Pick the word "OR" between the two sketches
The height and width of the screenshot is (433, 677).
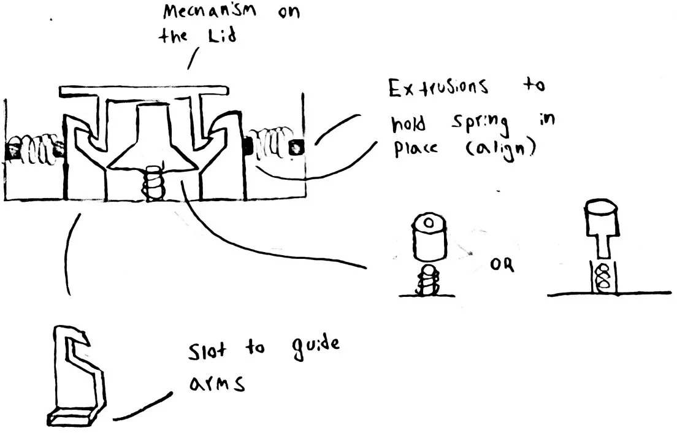[x=504, y=266]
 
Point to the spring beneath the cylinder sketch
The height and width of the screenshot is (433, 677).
[x=429, y=281]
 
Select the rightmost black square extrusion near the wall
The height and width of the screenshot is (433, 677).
[x=297, y=147]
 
